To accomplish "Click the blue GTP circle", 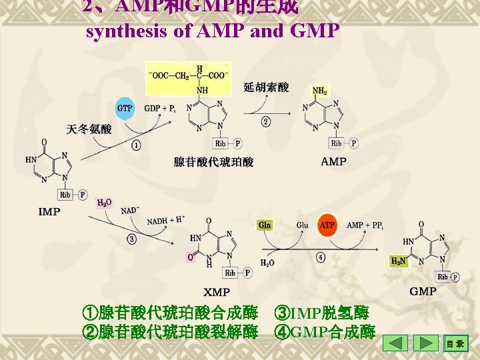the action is click(125, 108).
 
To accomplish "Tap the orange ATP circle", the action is click(327, 225).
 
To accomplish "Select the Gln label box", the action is click(265, 225).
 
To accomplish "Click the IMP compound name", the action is click(49, 212).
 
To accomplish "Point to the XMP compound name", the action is click(217, 292).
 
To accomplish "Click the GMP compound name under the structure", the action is click(423, 291).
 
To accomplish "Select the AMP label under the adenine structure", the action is click(333, 161).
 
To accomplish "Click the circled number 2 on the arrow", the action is click(266, 121).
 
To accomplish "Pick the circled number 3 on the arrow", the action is click(131, 238).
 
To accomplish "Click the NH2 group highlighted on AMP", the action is click(319, 91).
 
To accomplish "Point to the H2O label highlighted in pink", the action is click(105, 203).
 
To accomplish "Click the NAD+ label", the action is click(129, 210).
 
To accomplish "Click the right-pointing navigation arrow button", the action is click(426, 344).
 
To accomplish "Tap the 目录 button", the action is click(457, 344).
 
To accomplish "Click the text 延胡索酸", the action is click(266, 87).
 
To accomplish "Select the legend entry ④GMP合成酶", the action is click(325, 331).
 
